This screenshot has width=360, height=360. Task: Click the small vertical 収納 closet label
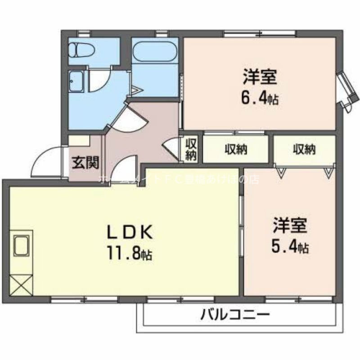coord(191,149)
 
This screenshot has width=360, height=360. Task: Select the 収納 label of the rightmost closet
coord(304,149)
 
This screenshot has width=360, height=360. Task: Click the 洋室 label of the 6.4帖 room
coord(260,76)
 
